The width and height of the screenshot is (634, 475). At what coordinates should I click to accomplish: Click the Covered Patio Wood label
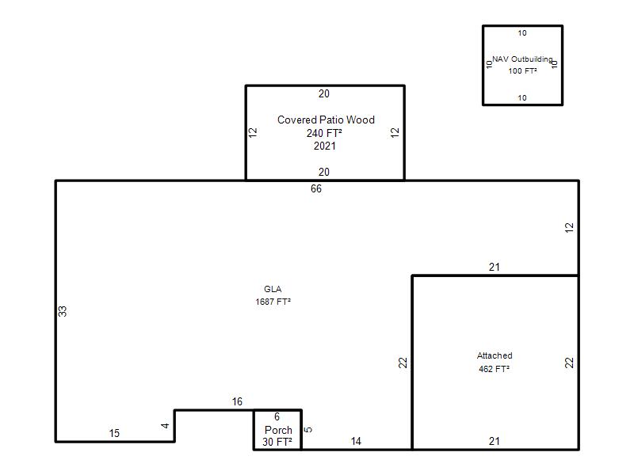tap(326, 120)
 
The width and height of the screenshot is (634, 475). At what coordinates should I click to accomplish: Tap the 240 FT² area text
tap(324, 133)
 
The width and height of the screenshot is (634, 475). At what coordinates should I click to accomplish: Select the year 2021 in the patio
tap(325, 146)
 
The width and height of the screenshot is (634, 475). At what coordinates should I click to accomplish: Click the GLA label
tap(273, 289)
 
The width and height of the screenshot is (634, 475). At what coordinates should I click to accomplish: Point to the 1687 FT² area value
tap(273, 302)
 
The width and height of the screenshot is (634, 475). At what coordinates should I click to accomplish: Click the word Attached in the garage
tap(495, 355)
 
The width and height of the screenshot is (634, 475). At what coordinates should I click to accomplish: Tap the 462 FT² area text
tap(494, 369)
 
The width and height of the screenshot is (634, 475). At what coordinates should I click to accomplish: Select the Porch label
tap(278, 430)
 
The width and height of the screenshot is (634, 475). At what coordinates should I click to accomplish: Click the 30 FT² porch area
tap(277, 442)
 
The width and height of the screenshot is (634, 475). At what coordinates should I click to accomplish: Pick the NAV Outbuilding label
tap(522, 59)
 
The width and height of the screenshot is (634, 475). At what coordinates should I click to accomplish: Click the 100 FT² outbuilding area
tap(522, 71)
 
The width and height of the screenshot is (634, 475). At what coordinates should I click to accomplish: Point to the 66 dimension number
tap(316, 188)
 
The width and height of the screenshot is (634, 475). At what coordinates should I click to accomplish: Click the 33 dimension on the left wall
tap(63, 311)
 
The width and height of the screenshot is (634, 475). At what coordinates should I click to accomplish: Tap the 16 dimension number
tap(237, 401)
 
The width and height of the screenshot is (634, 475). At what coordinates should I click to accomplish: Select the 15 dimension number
tap(114, 433)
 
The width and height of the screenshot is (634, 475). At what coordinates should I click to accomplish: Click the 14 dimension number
tap(356, 442)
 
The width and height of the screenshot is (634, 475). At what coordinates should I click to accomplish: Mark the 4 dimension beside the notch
tap(165, 426)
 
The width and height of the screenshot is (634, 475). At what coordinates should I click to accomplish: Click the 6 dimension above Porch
tap(277, 416)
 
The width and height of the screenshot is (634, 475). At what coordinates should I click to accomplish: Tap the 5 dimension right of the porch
tap(307, 430)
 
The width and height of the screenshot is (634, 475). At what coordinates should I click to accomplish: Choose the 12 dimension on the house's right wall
tap(569, 228)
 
